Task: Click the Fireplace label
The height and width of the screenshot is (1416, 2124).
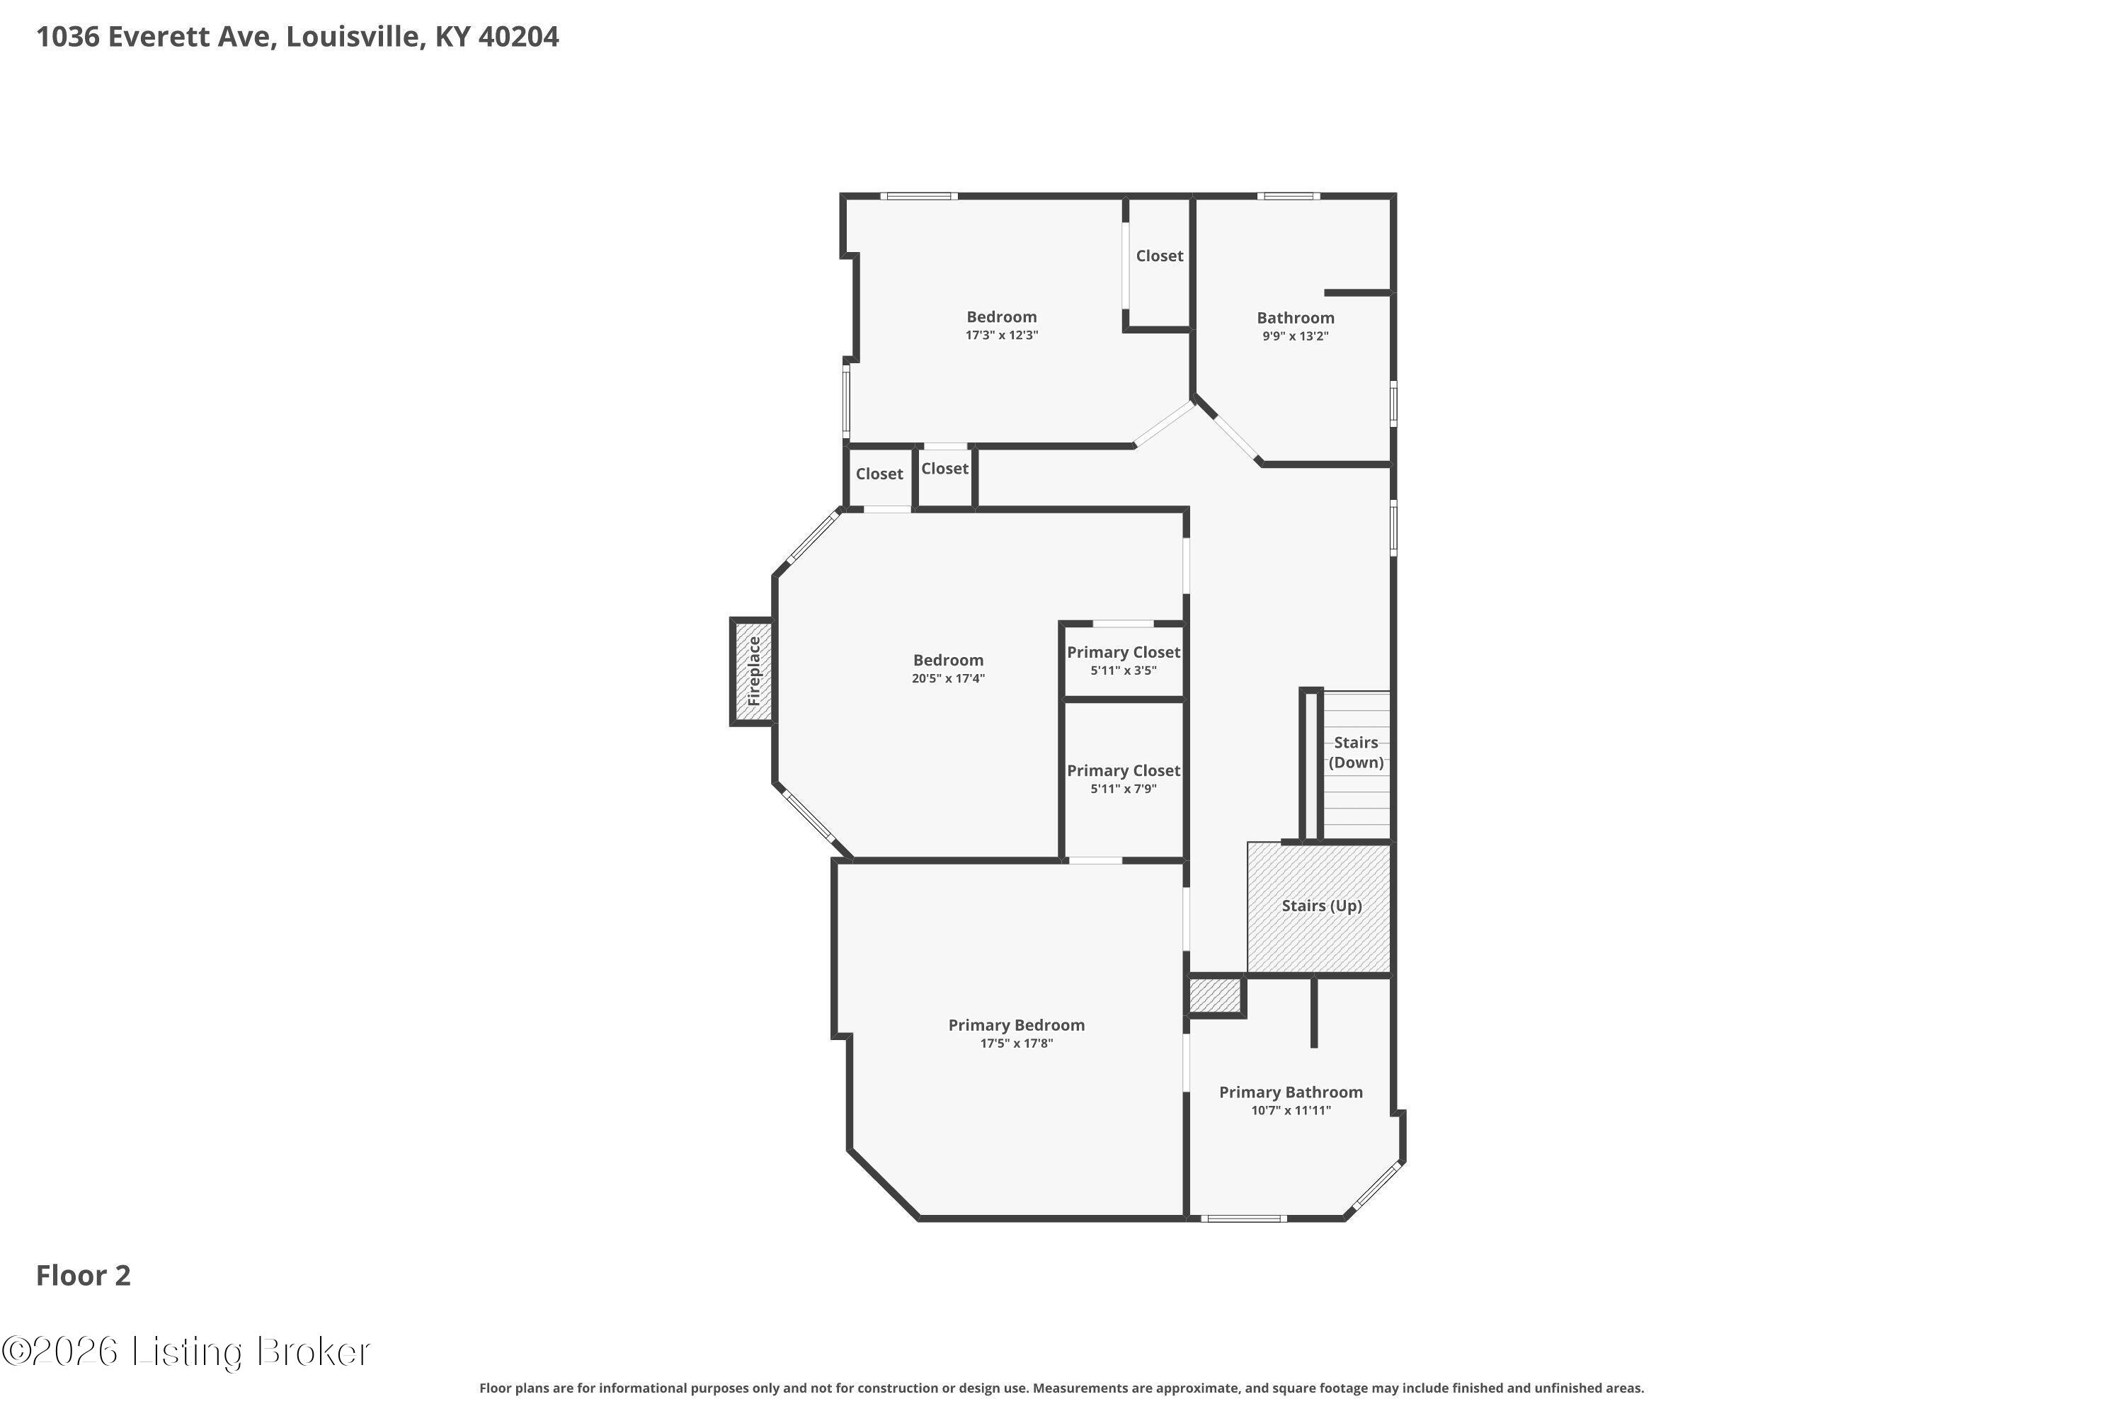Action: click(x=754, y=671)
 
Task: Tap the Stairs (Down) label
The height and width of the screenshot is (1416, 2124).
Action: click(x=1356, y=752)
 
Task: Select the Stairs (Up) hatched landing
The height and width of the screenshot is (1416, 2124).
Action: click(x=1320, y=908)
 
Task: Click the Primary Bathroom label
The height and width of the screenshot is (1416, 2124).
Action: click(x=1291, y=1092)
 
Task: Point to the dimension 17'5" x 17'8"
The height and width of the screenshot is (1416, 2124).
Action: click(x=1017, y=1044)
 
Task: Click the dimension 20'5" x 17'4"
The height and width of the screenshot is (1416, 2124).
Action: click(x=948, y=678)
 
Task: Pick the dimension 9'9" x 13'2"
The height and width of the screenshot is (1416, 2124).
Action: click(x=1295, y=336)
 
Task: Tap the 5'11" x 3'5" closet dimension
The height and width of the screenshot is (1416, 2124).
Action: click(x=1124, y=670)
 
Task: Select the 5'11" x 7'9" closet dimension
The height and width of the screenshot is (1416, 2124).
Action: click(x=1124, y=789)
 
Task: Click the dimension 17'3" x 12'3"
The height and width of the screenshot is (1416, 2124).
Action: click(x=1002, y=335)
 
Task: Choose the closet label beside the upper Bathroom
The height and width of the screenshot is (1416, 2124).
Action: click(x=1160, y=256)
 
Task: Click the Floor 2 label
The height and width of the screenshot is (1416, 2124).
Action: click(x=83, y=1275)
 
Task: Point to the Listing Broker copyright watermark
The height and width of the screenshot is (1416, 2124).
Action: click(x=187, y=1352)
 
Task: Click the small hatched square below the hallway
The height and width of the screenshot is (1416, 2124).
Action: click(x=1215, y=996)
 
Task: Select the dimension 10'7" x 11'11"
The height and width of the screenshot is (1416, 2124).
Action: click(x=1291, y=1111)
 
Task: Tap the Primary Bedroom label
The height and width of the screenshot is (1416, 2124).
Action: click(x=1017, y=1025)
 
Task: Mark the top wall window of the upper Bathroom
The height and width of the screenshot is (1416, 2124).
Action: click(x=1288, y=196)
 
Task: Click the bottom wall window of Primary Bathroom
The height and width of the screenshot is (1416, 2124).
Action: click(x=1243, y=1218)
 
